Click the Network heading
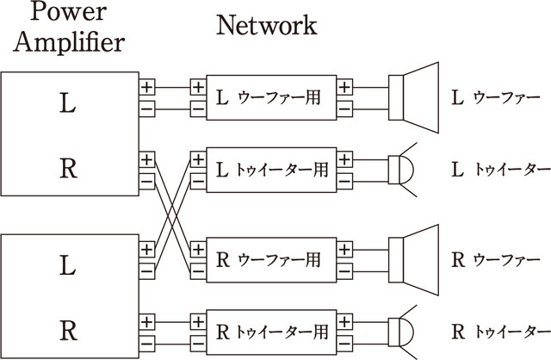click(266, 24)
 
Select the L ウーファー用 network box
click(271, 97)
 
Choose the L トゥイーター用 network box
click(271, 171)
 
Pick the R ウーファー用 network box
click(271, 258)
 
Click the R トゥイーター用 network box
click(271, 332)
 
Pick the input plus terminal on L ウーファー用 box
click(198, 87)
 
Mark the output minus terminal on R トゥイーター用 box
click(344, 342)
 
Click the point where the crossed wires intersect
click(172, 214)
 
